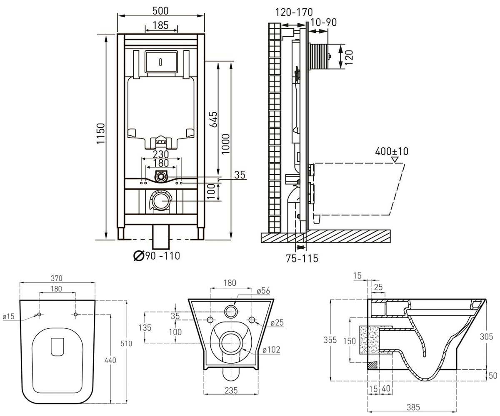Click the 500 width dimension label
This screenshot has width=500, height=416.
(x=160, y=11)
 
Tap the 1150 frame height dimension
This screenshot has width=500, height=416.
(x=101, y=134)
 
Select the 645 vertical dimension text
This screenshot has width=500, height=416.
(x=213, y=119)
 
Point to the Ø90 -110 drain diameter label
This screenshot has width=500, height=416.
(x=157, y=256)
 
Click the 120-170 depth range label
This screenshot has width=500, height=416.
(x=294, y=12)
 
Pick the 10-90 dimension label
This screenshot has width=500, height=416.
(x=323, y=22)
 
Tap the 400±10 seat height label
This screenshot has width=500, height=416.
(x=392, y=151)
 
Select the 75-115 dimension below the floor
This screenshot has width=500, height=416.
(x=302, y=258)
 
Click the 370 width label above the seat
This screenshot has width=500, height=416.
(x=57, y=278)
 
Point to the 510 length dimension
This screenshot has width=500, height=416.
(x=126, y=344)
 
